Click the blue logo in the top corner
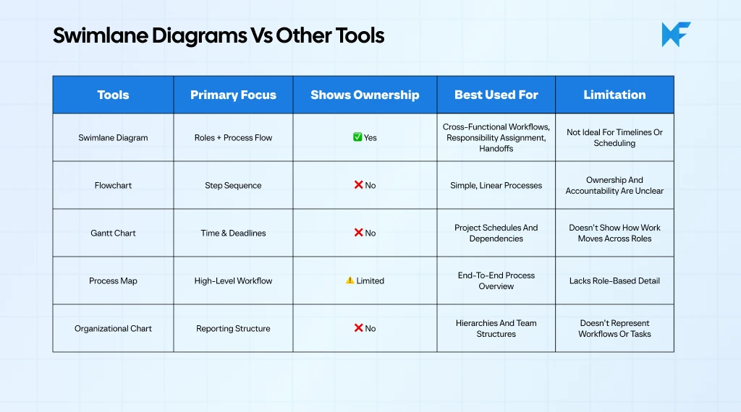[x=676, y=35]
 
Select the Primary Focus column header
[x=233, y=95]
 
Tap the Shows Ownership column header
[x=365, y=95]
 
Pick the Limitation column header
[x=614, y=95]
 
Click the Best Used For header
[x=496, y=95]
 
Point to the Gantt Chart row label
[x=113, y=233]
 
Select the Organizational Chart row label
[x=113, y=328]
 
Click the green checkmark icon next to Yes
[x=357, y=137]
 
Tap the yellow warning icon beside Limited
[x=350, y=280]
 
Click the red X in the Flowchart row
[x=358, y=185]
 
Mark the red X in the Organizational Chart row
[x=358, y=328]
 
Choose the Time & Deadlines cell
[x=233, y=233]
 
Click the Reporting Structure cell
[x=233, y=328]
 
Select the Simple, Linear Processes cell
[x=496, y=185]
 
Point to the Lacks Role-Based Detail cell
[x=614, y=280]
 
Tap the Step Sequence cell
[x=233, y=185]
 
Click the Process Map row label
[x=113, y=280]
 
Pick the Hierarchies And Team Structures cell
[x=496, y=328]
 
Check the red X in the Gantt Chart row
[x=358, y=233]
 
